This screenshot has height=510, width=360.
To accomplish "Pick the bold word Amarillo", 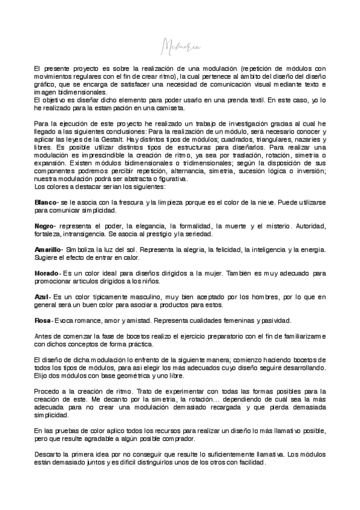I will tap(48, 249).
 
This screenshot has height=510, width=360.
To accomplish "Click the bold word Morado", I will tap(46, 273).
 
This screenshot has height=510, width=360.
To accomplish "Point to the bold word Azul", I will tap(42, 296).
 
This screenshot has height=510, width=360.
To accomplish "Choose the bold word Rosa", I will tap(43, 320).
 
